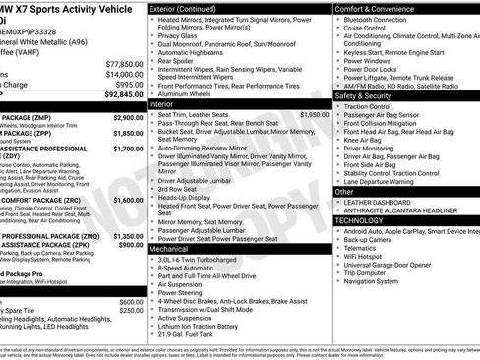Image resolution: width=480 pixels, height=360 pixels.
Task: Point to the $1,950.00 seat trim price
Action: pos(314,114)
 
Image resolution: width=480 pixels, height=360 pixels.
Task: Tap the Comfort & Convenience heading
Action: pos(377,8)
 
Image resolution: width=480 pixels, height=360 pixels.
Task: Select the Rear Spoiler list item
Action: pos(181,61)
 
